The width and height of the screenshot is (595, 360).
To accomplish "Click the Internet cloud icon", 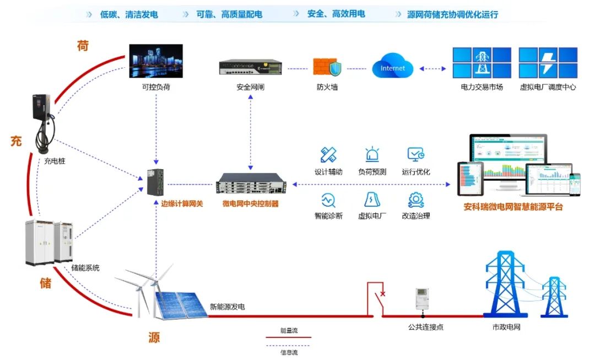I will (x=392, y=67).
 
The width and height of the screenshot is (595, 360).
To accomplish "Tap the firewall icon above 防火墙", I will (x=327, y=67).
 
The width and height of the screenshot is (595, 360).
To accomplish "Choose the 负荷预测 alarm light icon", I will (x=372, y=155).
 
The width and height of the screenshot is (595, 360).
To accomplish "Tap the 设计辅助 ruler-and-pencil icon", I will (x=328, y=155).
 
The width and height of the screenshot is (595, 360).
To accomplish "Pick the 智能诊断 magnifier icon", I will (x=328, y=200).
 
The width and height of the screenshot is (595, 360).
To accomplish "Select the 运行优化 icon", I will (x=415, y=155).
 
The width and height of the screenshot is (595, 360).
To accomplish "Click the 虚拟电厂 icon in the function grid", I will (x=372, y=200).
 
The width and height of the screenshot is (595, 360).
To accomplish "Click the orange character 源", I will (x=154, y=337).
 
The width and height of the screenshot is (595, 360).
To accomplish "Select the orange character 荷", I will (x=83, y=46).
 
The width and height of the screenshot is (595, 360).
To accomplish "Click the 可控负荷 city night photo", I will (x=155, y=61).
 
